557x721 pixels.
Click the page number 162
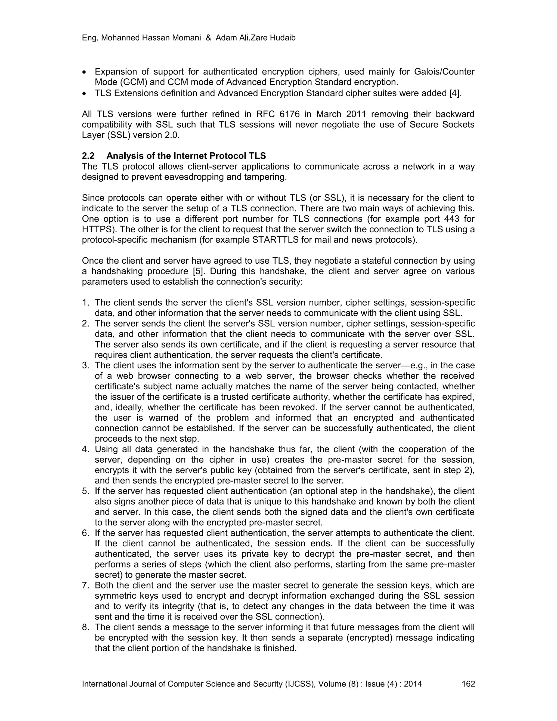(468, 683)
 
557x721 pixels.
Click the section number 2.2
(88, 156)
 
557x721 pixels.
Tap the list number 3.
(85, 365)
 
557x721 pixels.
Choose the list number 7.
(85, 585)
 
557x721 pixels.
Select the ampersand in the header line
(208, 38)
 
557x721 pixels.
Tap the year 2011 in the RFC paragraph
(356, 114)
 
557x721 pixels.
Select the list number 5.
(85, 491)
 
